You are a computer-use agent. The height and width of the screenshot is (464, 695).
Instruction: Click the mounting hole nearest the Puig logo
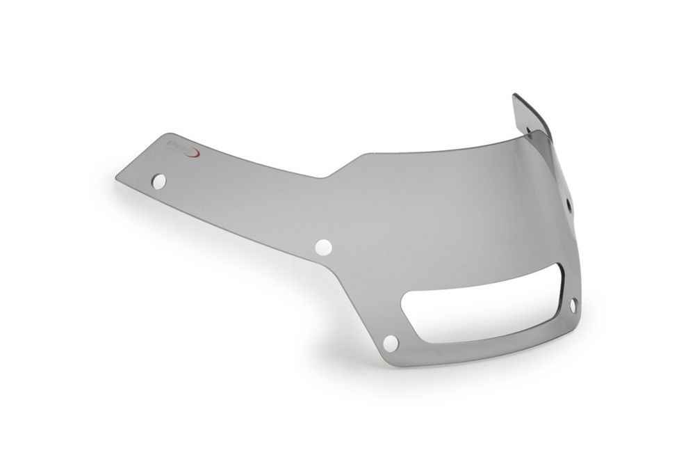[x=159, y=182]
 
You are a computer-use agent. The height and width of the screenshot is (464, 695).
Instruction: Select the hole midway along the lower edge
[x=323, y=247]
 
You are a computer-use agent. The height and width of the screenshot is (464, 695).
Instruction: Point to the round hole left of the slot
[x=391, y=343]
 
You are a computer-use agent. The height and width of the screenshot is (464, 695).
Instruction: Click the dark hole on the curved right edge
[x=569, y=205]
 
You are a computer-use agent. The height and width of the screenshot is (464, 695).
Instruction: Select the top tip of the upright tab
[x=515, y=95]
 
